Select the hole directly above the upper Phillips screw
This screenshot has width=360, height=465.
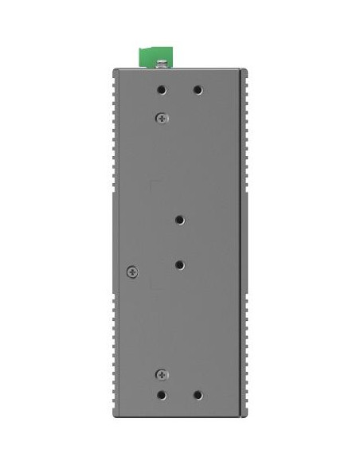162,90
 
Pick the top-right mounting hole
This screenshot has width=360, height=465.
198,90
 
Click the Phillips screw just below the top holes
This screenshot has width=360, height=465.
162,118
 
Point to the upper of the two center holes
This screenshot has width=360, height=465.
180,219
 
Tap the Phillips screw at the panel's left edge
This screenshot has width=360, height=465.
132,272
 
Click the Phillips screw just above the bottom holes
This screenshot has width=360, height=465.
162,373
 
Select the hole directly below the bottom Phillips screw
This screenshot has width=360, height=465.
162,395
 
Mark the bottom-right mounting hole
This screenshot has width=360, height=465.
198,395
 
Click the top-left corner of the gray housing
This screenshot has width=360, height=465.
115,70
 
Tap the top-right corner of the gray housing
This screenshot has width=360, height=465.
245,70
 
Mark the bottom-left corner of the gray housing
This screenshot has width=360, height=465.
115,416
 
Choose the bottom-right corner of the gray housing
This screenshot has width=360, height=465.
245,416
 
